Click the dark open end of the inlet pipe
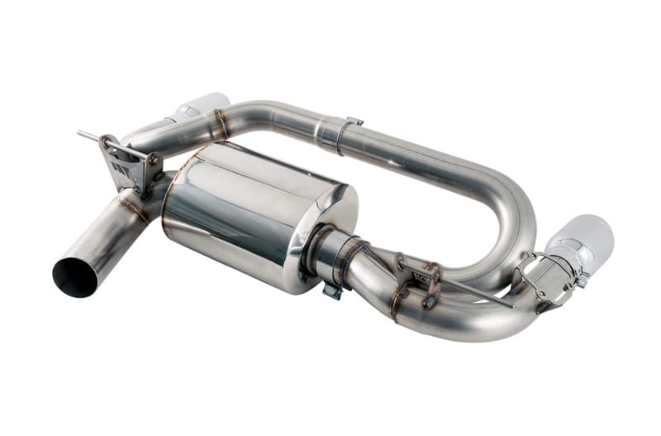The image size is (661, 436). [x=74, y=277]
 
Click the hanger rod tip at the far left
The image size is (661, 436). [x=82, y=132]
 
